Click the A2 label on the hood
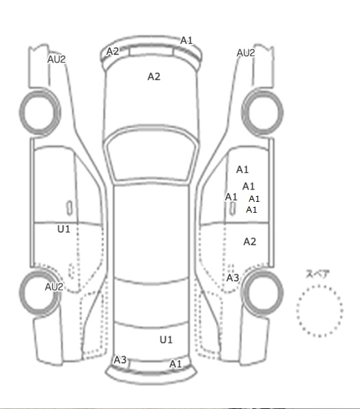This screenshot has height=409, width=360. tap(154, 77)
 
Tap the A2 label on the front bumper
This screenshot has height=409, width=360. tap(113, 51)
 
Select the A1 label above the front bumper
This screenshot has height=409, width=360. tap(186, 40)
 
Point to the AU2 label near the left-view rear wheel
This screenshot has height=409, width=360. tap(54, 287)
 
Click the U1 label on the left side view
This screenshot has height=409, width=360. tap(64, 229)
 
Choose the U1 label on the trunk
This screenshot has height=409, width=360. tap(166, 340)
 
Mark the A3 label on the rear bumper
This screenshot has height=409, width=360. tap(120, 360)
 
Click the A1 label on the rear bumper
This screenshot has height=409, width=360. tap(176, 364)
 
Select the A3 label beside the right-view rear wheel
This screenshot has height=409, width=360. tap(233, 278)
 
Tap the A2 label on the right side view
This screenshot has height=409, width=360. tap(250, 241)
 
